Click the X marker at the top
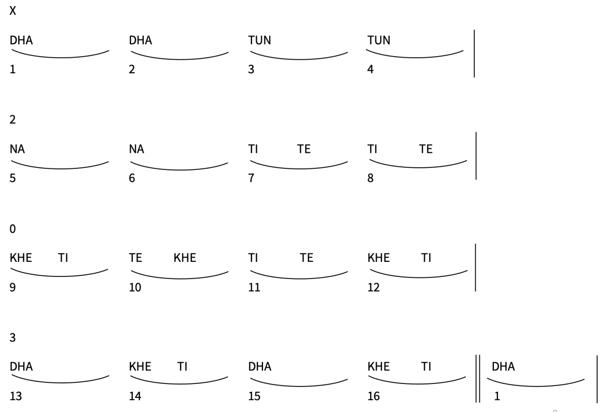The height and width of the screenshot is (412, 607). [x=13, y=11]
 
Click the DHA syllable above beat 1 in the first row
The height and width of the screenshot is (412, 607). [x=21, y=41]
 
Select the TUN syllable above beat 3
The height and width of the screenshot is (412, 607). [x=260, y=41]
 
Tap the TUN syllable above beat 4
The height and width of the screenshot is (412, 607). [x=379, y=41]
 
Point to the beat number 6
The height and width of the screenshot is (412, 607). [x=132, y=178]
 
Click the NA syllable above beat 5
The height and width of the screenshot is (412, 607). [x=18, y=149]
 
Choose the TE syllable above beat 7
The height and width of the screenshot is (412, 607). [x=304, y=149]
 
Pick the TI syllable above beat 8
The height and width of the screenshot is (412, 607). [x=373, y=149]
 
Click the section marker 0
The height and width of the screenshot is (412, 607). [x=13, y=229]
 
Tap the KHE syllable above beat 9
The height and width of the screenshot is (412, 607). [x=21, y=258]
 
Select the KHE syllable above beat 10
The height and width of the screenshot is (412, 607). [x=185, y=258]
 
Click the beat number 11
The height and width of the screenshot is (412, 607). [x=254, y=287]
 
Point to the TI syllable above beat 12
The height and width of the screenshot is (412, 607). [x=426, y=258]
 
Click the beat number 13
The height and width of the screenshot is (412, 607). [x=16, y=396]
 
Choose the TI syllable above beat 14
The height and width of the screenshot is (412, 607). [x=182, y=367]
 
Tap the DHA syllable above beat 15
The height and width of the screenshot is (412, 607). [x=260, y=367]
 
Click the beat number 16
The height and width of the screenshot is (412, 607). [x=374, y=396]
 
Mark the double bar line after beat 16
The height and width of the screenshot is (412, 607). [x=478, y=379]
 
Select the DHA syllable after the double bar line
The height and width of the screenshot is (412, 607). [x=503, y=367]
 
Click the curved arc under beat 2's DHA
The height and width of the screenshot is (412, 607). [x=180, y=59]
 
